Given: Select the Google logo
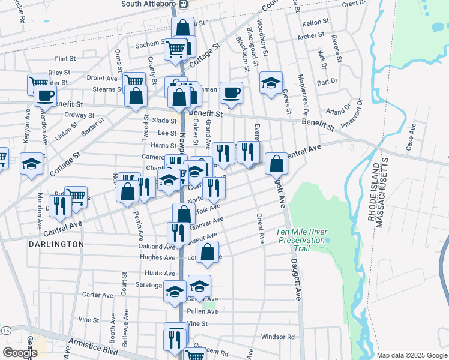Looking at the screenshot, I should [20, 353].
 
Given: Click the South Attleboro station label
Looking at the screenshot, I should [150, 4].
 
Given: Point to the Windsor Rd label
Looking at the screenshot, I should [278, 337].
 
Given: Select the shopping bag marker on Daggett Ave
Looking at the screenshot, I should [276, 163].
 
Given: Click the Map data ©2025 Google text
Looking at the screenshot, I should [411, 355].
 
